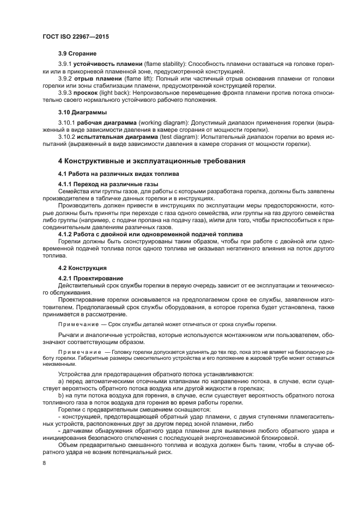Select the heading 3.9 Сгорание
[77, 54]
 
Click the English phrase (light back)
[119, 93]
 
